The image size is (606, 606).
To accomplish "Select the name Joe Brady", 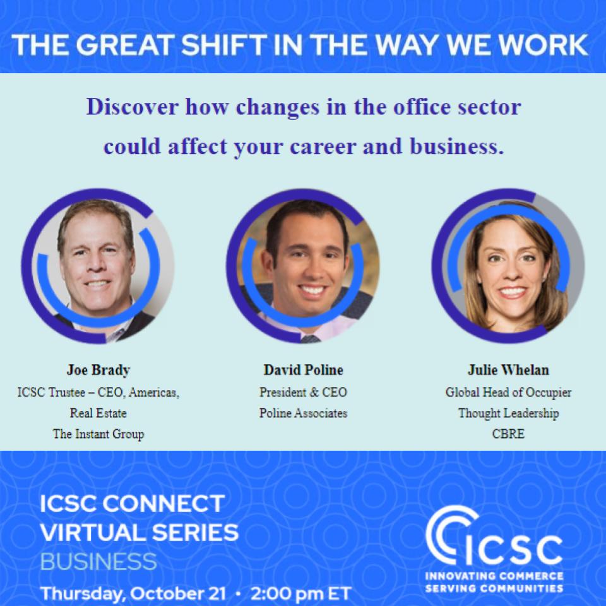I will (x=98, y=370).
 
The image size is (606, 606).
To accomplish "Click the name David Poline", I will (x=303, y=370).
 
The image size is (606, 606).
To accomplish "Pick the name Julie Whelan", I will (x=508, y=370).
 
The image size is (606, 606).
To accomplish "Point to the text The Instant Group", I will (x=98, y=434).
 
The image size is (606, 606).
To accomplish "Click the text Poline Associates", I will (x=303, y=413).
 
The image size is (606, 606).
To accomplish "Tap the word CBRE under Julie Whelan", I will (x=508, y=434).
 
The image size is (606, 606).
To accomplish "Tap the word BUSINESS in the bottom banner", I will (x=98, y=561).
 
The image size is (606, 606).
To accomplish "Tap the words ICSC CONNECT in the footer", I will (x=131, y=504).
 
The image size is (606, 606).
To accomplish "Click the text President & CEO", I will (x=303, y=392).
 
